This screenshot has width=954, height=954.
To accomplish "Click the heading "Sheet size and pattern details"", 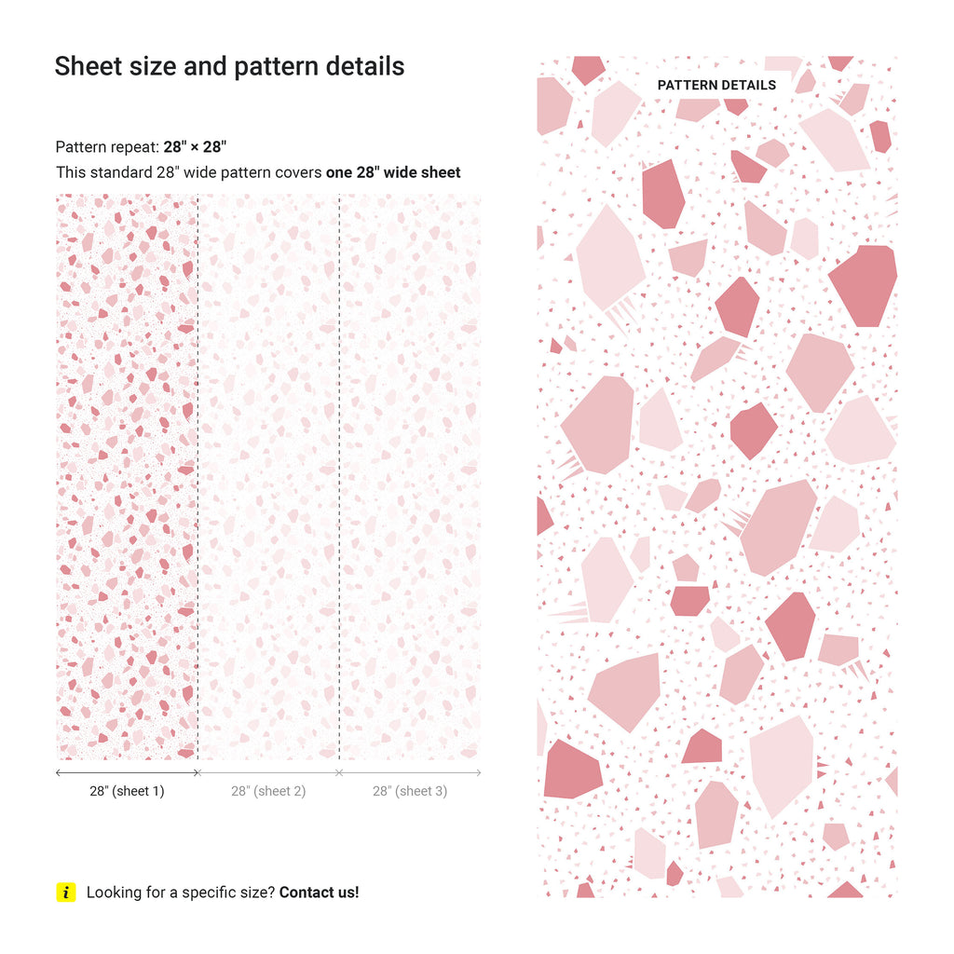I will tap(229, 67).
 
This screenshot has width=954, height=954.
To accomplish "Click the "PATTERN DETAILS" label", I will tap(716, 85).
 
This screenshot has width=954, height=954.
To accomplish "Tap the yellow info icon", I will tap(65, 893).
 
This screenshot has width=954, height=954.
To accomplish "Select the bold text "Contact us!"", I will tap(319, 893).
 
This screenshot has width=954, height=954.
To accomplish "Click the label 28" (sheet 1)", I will tap(127, 791).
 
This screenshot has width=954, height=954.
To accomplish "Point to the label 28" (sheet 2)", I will tap(268, 791).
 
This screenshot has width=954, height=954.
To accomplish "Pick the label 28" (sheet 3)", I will tap(410, 791).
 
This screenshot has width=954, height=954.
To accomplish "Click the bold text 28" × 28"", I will tap(195, 147).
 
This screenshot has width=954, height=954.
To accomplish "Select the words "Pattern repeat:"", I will tap(107, 147).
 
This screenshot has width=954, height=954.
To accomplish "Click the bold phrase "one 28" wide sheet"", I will tap(393, 172).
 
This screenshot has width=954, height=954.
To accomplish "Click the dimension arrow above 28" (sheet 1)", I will tap(127, 772).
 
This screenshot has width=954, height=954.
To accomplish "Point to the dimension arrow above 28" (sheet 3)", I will tap(410, 772).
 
